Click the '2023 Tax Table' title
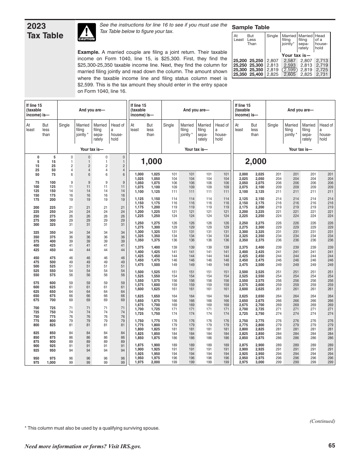[45, 31]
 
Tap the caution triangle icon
[86, 32]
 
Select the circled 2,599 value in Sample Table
[290, 70]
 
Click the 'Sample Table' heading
[250, 27]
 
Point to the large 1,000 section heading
[151, 162]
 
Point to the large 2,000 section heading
[256, 162]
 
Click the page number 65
[332, 446]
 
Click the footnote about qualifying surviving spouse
[92, 428]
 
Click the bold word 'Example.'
[88, 52]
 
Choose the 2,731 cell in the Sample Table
[322, 74]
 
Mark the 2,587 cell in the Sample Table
[290, 61]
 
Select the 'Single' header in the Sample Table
[272, 36]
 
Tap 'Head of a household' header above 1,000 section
[222, 132]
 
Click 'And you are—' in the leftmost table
[92, 110]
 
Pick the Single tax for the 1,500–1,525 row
[174, 272]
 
